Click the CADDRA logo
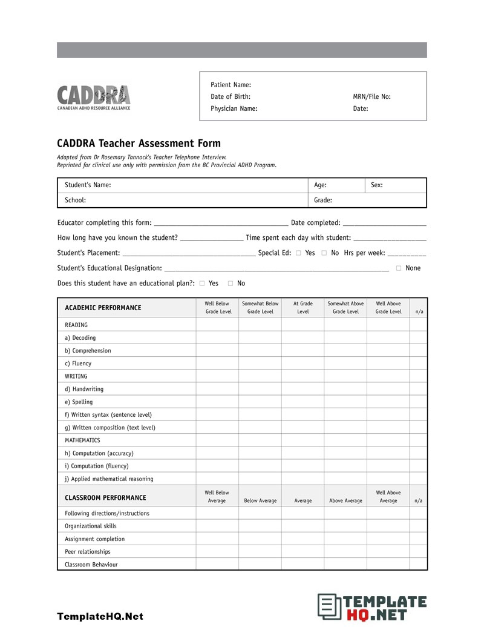[94, 97]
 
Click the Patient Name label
[231, 85]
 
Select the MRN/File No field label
[371, 97]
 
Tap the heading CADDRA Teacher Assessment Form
[139, 144]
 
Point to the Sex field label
[376, 185]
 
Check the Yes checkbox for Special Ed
[298, 253]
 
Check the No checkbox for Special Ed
[324, 253]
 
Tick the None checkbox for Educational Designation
[398, 268]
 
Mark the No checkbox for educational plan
[231, 284]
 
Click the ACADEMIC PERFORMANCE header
[103, 308]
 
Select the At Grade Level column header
[302, 308]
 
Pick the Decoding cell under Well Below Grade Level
[217, 338]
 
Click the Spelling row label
[79, 402]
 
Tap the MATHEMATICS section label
[82, 440]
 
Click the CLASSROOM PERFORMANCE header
[105, 498]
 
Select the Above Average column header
[345, 501]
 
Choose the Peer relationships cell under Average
[302, 552]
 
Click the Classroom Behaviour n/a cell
[418, 565]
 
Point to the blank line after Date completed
[384, 224]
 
